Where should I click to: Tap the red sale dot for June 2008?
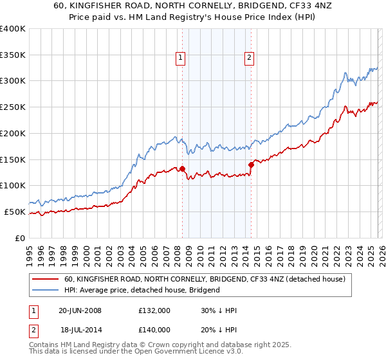(x=182, y=169)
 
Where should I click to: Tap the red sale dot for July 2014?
(x=251, y=165)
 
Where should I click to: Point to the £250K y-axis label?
(x=13, y=107)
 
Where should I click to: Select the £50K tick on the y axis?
(x=15, y=212)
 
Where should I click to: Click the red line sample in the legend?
(x=45, y=279)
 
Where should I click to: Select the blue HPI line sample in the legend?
(x=45, y=290)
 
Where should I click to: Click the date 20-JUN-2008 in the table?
(x=80, y=310)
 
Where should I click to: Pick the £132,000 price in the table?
(x=154, y=310)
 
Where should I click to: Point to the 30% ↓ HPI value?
(x=219, y=310)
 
